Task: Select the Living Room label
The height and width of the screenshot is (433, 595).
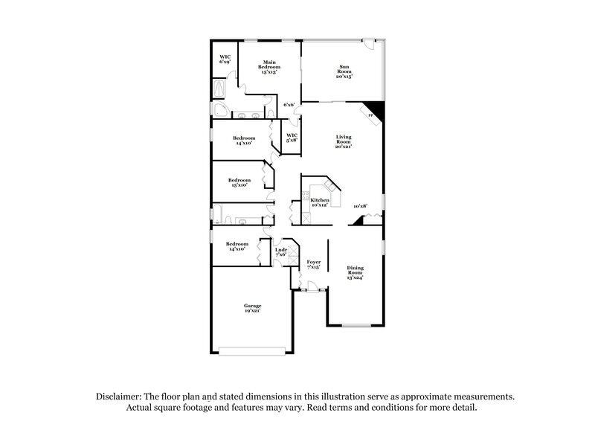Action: tap(343, 141)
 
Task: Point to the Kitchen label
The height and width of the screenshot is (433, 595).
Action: tap(320, 202)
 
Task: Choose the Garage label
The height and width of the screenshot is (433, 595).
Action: tap(253, 307)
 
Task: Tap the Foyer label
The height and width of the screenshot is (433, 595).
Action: tap(313, 264)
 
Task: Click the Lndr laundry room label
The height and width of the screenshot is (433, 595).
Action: tap(281, 251)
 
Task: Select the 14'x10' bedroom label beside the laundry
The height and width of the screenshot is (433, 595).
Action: tap(237, 246)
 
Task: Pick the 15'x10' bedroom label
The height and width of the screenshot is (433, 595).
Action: tap(239, 182)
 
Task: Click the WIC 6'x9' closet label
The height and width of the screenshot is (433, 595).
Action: tap(223, 59)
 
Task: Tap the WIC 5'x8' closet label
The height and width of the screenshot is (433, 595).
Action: tap(292, 137)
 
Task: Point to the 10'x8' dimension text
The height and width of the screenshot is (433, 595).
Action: tap(361, 206)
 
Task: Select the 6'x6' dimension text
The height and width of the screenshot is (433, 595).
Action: tap(289, 105)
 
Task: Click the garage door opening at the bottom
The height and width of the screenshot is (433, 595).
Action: tap(251, 350)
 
